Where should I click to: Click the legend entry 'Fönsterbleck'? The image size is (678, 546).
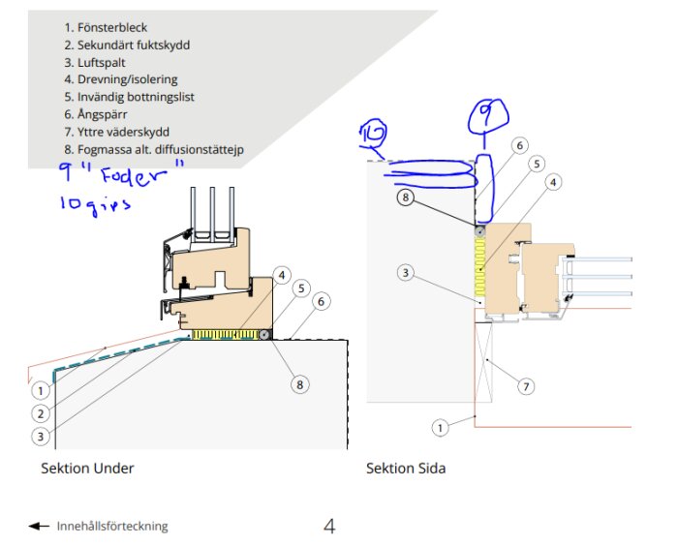[x=106, y=28]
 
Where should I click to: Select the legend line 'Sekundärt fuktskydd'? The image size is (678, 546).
[x=126, y=45]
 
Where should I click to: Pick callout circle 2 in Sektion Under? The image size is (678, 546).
[x=40, y=413]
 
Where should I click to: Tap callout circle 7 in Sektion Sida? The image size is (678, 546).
[x=525, y=386]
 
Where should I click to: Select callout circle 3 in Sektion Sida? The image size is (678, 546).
[x=405, y=273]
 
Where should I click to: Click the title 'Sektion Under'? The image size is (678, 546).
[x=87, y=469]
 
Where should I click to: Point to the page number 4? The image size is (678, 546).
[x=329, y=527]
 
